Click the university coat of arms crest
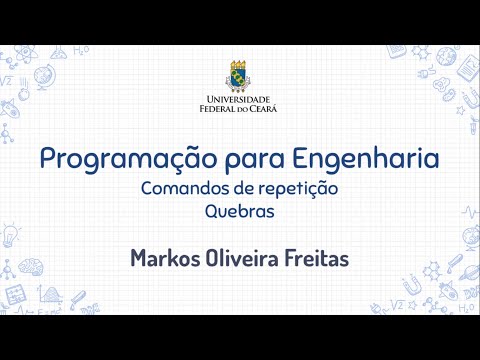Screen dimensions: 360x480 pyautogui.click(x=239, y=74)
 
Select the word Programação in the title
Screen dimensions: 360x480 pyautogui.click(x=115, y=158)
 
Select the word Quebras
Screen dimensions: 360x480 pyautogui.click(x=239, y=212)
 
